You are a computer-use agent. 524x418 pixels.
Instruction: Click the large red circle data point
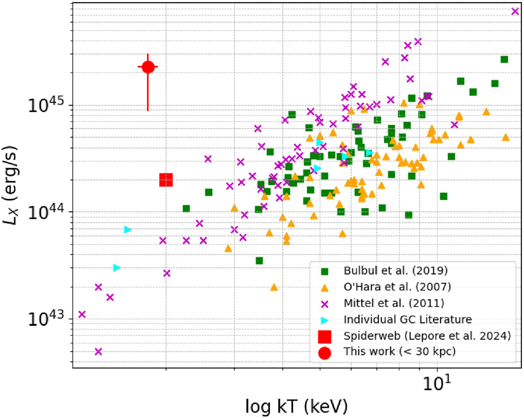[148, 67]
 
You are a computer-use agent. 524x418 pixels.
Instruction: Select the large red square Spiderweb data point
[166, 180]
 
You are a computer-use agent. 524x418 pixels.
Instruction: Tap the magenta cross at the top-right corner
[515, 11]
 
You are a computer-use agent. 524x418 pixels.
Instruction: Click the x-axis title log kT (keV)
[296, 407]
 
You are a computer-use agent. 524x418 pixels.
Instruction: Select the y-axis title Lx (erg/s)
[10, 185]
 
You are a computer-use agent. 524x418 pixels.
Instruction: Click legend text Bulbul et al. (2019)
[396, 271]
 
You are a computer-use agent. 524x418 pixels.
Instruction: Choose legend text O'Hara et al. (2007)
[397, 287]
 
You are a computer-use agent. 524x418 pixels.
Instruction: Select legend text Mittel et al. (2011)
[394, 303]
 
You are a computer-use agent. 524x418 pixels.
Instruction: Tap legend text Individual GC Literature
[408, 319]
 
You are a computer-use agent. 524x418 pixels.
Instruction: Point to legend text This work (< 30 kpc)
[400, 351]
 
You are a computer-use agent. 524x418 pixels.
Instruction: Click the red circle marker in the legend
[324, 353]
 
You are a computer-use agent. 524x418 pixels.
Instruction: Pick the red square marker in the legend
[324, 337]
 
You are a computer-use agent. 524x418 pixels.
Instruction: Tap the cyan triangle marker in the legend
[324, 320]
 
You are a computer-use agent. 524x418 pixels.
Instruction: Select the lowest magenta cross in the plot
[98, 352]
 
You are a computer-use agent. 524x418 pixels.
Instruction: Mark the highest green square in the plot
[504, 59]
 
